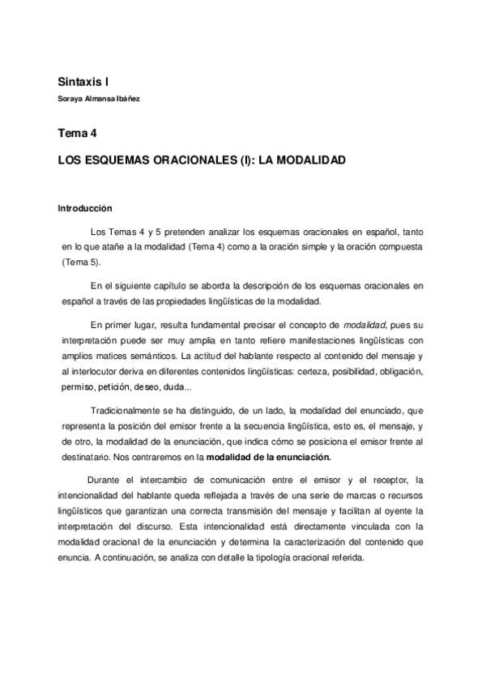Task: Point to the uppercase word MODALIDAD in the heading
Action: tap(310, 160)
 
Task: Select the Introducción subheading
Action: tap(84, 207)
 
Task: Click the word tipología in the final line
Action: tap(275, 558)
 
